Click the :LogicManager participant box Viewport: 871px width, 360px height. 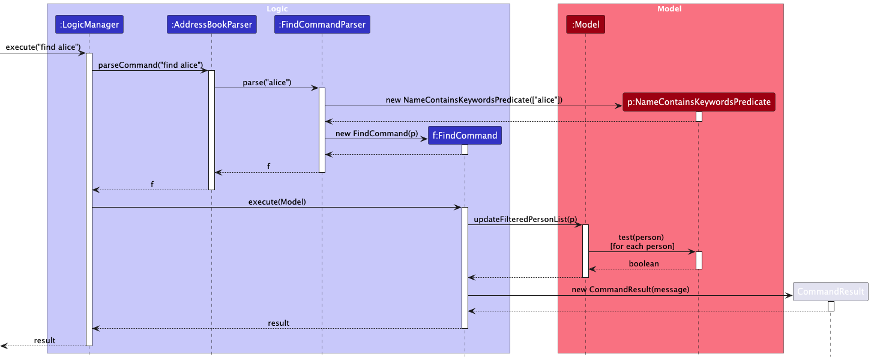pos(89,25)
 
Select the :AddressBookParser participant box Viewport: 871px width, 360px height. pos(211,25)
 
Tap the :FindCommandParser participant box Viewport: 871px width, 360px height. pos(322,25)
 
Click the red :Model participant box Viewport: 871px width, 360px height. pos(585,25)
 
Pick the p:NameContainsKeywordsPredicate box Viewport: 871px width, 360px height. pos(699,102)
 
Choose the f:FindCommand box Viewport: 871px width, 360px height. pos(465,136)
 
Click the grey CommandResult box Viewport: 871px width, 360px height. pos(830,292)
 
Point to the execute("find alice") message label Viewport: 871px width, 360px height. pos(43,47)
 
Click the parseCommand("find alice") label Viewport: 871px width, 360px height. pos(150,65)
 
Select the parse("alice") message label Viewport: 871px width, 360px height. pos(267,83)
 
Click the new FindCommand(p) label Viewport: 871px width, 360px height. pos(376,133)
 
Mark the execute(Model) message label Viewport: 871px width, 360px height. pos(277,202)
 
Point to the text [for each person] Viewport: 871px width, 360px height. pos(642,247)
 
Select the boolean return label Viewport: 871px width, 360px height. pos(643,263)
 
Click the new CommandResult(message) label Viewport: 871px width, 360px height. pos(630,290)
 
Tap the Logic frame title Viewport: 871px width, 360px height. pos(277,9)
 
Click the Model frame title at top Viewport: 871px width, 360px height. pos(669,9)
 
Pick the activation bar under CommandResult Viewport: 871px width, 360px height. pos(831,306)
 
